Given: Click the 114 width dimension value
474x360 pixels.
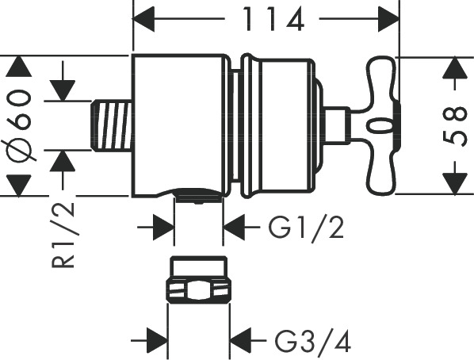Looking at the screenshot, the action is pos(273,19).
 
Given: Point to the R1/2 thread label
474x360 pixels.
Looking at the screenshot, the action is pos(63,235).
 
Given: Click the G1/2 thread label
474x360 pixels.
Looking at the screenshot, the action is pos(306,228).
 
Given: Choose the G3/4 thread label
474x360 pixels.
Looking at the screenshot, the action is pos(312,341).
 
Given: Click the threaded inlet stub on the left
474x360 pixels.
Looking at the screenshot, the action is pos(112,125).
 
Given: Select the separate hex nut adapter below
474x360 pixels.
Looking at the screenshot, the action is pos(198,279).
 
